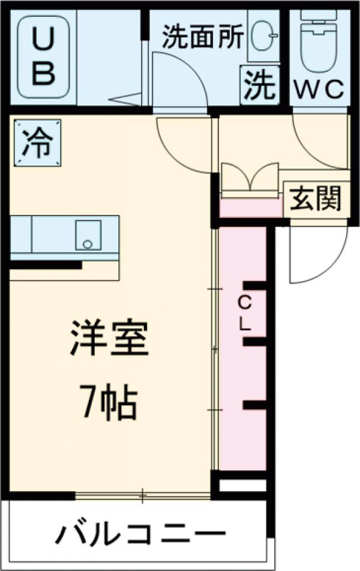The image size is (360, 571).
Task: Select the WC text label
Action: coord(318,89)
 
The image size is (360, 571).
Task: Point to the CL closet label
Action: coord(244,313)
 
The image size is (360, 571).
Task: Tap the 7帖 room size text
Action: coord(109,405)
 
